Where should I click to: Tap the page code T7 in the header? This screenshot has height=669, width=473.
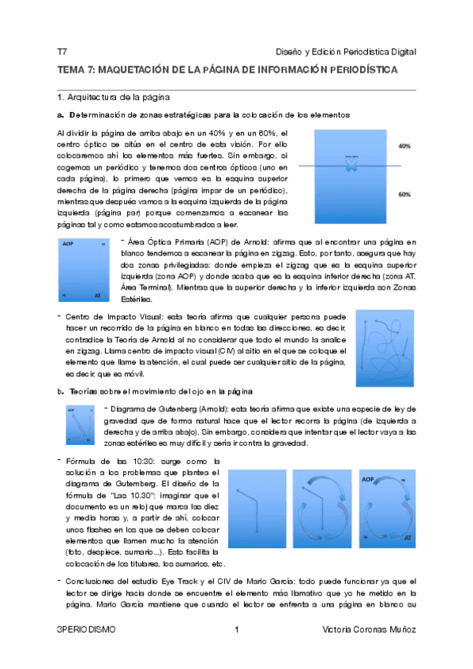pos(62,51)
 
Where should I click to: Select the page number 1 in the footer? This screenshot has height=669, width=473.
pos(236,630)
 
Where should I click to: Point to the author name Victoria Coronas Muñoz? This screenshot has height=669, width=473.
pos(370,630)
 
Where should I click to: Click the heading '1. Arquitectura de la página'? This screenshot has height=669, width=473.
pos(110,98)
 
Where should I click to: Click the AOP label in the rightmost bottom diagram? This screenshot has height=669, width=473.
pos(368,479)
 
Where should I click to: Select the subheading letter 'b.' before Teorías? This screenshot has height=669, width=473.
pos(61,391)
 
